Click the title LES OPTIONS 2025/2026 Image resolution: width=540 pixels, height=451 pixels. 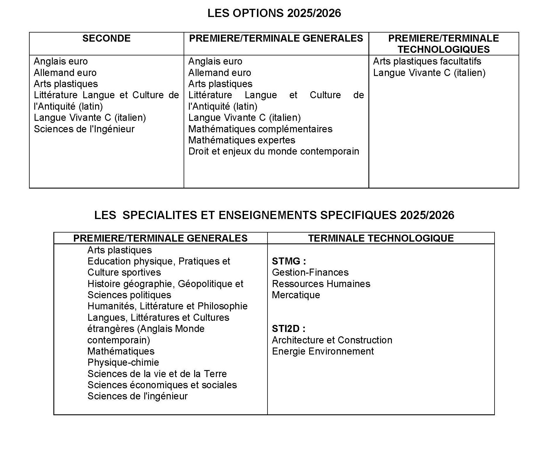point(274,13)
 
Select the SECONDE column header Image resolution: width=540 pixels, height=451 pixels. point(106,38)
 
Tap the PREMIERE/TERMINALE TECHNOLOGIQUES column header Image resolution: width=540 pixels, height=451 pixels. point(443,44)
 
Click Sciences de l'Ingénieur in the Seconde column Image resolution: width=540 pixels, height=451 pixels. point(84,129)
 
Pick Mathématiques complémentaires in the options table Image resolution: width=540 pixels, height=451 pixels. point(260,129)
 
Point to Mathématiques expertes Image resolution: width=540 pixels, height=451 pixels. point(242,140)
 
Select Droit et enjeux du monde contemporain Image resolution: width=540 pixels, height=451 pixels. point(274,151)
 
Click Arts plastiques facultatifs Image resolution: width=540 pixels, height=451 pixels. point(427,61)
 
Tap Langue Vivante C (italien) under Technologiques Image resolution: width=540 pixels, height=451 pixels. point(429,73)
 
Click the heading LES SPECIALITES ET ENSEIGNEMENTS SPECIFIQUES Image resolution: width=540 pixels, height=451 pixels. point(274,215)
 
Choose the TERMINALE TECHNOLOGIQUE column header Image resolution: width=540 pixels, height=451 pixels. point(381,238)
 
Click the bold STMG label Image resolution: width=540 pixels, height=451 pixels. point(289,261)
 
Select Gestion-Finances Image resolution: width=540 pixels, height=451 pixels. point(310,272)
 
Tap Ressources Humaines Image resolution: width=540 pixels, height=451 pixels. point(321,284)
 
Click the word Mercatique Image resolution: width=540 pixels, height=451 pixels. point(296,295)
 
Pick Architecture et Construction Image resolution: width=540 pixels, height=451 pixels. point(332,340)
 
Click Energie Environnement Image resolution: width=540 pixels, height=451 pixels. point(323,351)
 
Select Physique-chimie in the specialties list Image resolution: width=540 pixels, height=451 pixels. point(123,362)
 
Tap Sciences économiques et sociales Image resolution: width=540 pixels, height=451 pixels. point(162,385)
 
